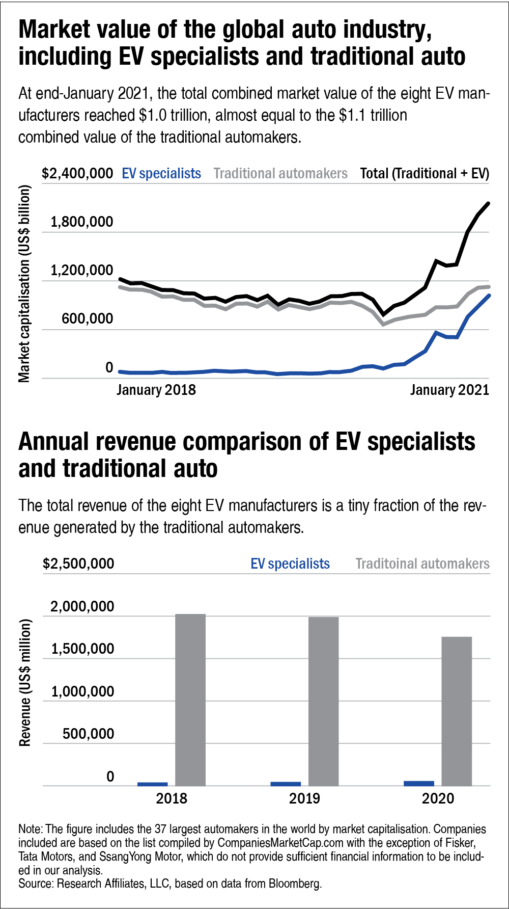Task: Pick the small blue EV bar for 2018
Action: click(x=152, y=784)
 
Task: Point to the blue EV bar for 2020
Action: click(x=419, y=783)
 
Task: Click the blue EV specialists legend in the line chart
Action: click(x=161, y=174)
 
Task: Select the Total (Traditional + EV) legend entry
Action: click(x=425, y=174)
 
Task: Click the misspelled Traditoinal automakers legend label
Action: click(x=422, y=564)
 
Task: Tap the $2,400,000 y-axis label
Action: click(x=77, y=174)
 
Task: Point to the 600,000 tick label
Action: click(x=87, y=319)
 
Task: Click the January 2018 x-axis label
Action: click(x=156, y=390)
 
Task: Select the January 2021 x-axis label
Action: click(x=449, y=390)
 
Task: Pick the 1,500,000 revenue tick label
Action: click(x=82, y=649)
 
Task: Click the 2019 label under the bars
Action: click(x=304, y=798)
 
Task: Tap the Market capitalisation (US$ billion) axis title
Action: click(x=24, y=283)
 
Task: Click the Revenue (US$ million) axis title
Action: click(x=24, y=682)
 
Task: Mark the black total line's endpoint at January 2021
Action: click(x=489, y=203)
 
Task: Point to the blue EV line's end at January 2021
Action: click(x=489, y=295)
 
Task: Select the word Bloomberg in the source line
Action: click(x=295, y=884)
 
